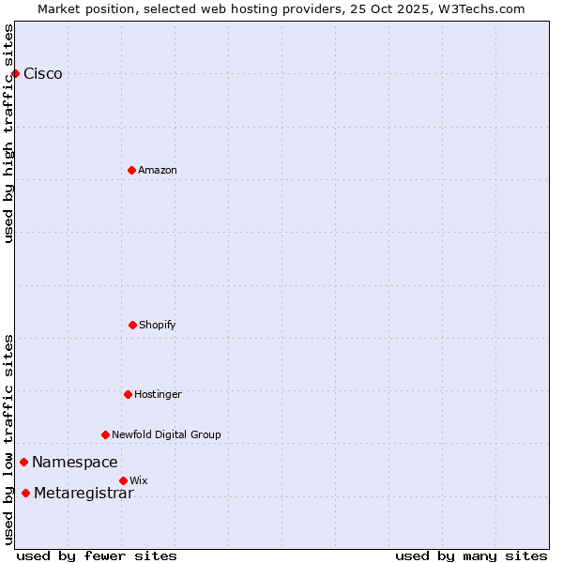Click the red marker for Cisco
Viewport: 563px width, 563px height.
coord(15,73)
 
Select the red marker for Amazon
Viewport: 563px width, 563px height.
coord(131,170)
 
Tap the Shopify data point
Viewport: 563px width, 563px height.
coord(132,325)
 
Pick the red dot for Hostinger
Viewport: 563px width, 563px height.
coord(128,394)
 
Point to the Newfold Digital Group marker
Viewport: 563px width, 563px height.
coord(105,434)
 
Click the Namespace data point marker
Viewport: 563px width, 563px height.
coord(23,462)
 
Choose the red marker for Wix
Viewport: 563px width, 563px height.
coord(123,480)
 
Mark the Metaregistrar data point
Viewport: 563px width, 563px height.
coord(25,493)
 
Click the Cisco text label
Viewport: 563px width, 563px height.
coord(43,74)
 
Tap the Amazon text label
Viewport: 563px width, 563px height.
coord(158,170)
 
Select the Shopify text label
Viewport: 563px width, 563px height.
coord(158,325)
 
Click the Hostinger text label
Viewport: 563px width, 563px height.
coord(158,394)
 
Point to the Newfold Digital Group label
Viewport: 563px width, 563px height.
coord(167,434)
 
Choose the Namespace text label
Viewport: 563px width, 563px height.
coord(75,462)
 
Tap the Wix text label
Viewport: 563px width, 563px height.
coord(139,480)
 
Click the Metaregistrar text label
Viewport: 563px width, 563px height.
coord(84,494)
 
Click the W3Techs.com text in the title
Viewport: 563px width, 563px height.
coord(483,8)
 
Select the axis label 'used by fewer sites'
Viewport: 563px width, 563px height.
coord(97,555)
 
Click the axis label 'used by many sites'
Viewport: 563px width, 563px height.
coord(471,555)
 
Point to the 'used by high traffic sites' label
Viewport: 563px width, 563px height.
coord(8,132)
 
